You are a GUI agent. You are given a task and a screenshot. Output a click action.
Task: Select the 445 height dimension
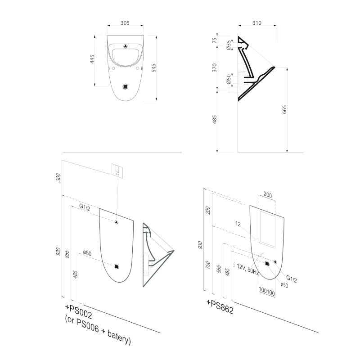(93, 59)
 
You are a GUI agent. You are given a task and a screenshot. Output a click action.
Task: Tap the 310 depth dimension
(257, 22)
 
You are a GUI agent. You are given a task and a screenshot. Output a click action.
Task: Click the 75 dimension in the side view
(215, 40)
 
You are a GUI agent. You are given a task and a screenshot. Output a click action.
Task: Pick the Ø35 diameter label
(229, 45)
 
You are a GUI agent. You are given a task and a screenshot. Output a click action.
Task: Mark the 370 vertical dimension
(215, 67)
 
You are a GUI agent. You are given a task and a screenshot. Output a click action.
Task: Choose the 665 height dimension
(284, 110)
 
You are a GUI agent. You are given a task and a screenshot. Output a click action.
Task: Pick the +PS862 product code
(220, 307)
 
